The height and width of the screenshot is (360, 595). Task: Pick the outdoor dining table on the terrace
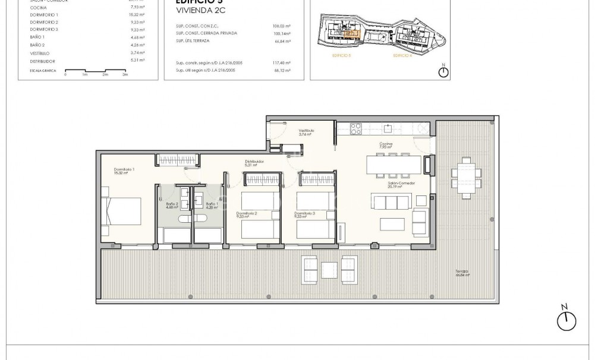coord(462,176)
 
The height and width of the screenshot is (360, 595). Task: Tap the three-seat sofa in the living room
coord(391,202)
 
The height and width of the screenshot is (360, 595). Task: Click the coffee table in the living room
coord(392,225)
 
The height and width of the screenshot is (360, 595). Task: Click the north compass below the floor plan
coord(566,320)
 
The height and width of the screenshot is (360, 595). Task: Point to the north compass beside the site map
coord(442,72)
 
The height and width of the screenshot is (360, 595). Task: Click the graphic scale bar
coord(95,71)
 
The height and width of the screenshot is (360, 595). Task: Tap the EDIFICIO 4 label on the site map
coord(402,55)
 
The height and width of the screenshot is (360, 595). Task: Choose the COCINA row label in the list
coord(39,7)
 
